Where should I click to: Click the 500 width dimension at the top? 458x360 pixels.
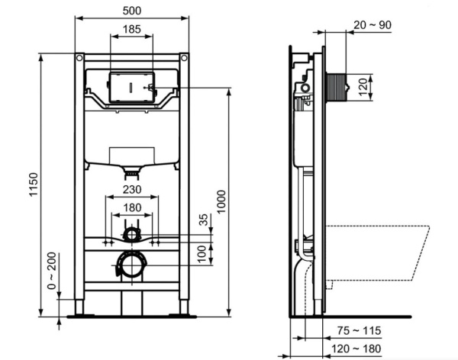[x=131, y=11]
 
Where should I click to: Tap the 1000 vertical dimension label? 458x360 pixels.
[x=221, y=201]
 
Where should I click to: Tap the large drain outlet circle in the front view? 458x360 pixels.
[x=131, y=265]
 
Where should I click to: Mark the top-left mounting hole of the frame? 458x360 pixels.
[x=79, y=58]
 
